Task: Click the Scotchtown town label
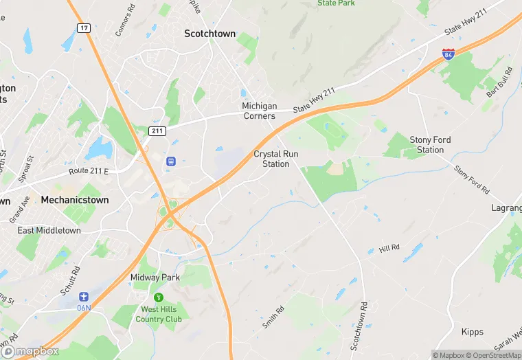209,34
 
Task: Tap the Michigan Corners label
259,111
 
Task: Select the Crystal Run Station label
276,159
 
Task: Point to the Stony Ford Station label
431,144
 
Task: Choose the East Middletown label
49,230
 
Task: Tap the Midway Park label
155,278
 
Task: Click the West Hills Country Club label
159,314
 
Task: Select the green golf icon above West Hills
159,297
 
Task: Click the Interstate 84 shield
448,54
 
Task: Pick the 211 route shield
156,130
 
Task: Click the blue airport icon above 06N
84,296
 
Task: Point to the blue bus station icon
170,161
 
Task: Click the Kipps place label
472,332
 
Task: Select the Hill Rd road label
389,247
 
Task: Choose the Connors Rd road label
122,23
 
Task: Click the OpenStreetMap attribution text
493,355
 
